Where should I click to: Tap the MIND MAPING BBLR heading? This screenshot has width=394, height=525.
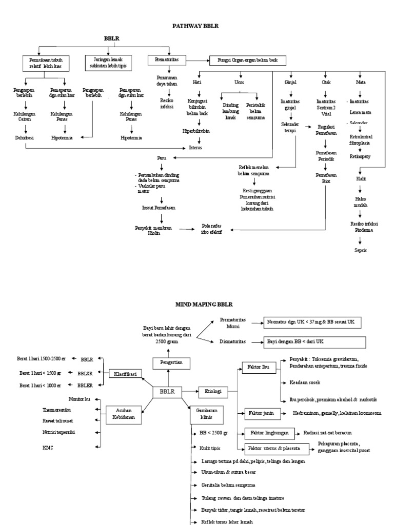tap(196, 304)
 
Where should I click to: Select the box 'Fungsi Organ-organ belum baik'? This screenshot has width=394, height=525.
tap(244, 60)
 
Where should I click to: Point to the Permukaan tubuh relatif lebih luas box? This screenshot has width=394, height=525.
tap(48, 63)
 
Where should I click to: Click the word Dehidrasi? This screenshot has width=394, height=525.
tap(23, 137)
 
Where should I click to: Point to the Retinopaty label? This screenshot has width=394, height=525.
tap(361, 156)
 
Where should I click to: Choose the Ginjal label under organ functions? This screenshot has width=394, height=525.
tap(291, 82)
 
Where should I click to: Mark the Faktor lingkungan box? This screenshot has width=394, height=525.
tap(270, 433)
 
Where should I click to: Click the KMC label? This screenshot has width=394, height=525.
tap(48, 448)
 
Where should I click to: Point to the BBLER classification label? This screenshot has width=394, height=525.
tap(85, 385)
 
